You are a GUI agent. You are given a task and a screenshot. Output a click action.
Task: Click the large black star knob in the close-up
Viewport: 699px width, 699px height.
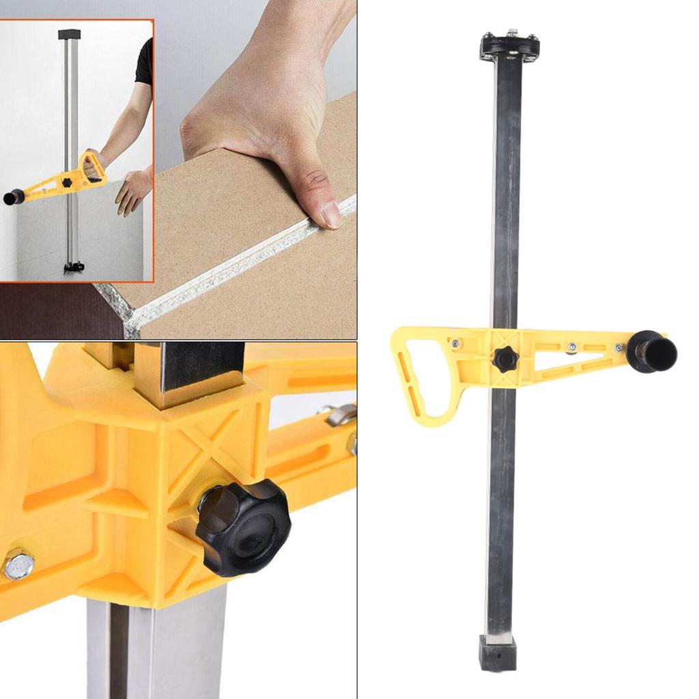coord(243,527)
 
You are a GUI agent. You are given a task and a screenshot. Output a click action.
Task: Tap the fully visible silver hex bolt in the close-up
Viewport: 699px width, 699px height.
coord(18,565)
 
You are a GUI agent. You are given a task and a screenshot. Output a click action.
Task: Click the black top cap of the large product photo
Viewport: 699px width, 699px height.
coord(509,46)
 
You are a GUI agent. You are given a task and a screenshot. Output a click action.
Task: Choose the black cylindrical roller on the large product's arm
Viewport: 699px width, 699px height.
coord(652,352)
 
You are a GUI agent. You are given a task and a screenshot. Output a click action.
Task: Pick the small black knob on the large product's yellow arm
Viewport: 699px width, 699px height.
coord(506,358)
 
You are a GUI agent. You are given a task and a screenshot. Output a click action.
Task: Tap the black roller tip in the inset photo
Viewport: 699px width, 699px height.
coord(13,198)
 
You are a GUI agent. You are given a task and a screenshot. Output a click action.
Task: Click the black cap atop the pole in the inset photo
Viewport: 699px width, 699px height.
coord(70,34)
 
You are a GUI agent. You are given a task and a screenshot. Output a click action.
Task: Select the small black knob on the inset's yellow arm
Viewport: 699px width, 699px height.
coord(67,183)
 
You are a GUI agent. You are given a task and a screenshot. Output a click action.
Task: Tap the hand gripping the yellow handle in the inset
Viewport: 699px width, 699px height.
coord(96,160)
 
